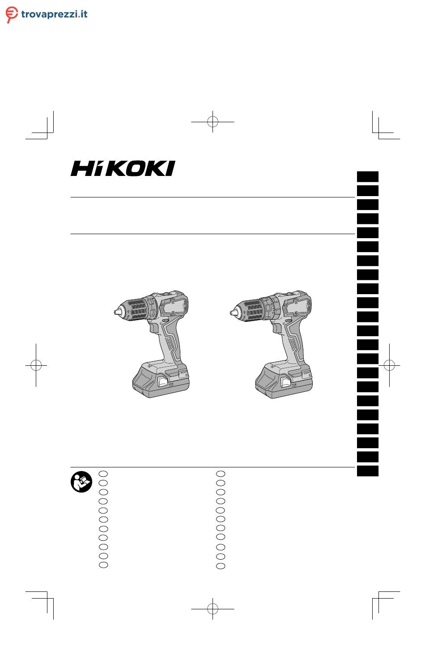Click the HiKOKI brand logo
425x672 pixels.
[x=123, y=168]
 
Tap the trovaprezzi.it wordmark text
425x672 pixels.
[x=54, y=14]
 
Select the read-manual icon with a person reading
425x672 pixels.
[x=81, y=482]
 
